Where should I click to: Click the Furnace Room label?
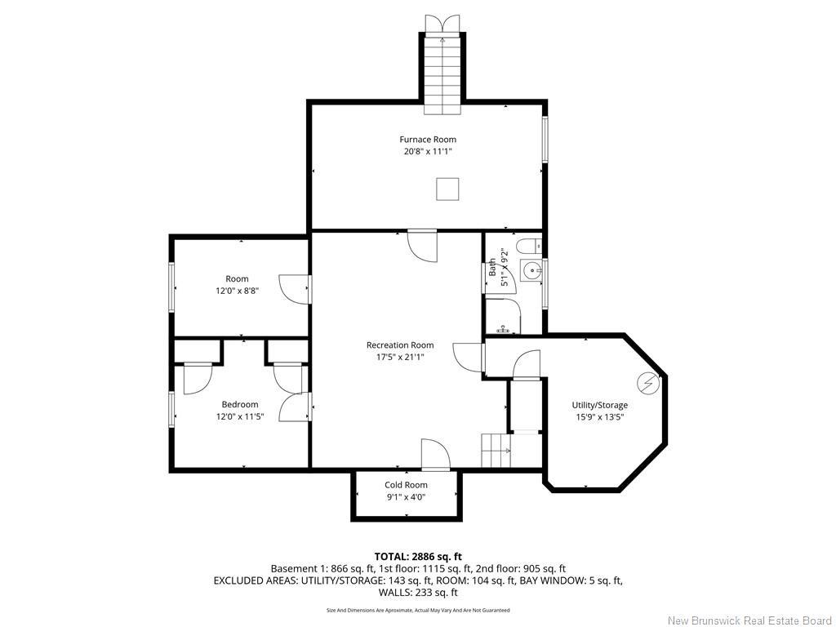click(x=428, y=139)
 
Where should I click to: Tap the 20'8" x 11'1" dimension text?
click(x=428, y=151)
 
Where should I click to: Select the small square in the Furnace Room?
click(x=447, y=189)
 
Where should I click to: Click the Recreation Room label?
click(x=400, y=345)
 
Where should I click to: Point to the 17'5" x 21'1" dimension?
click(x=400, y=358)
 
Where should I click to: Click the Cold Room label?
click(x=406, y=485)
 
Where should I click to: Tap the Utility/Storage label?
click(x=600, y=405)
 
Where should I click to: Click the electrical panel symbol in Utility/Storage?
click(x=648, y=382)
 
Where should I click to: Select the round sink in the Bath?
click(x=531, y=271)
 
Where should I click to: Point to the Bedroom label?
click(x=240, y=404)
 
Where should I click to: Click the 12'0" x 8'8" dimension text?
click(x=238, y=291)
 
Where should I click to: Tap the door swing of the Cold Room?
click(x=436, y=454)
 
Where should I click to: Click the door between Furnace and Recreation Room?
click(x=422, y=247)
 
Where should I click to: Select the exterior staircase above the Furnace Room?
click(x=442, y=74)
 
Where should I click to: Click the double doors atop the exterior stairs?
click(x=442, y=24)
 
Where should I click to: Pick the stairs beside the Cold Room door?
click(x=496, y=451)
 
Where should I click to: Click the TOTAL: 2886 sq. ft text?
click(x=418, y=557)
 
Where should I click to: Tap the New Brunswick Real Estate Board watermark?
click(x=749, y=620)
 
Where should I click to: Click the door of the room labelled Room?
click(x=295, y=289)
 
